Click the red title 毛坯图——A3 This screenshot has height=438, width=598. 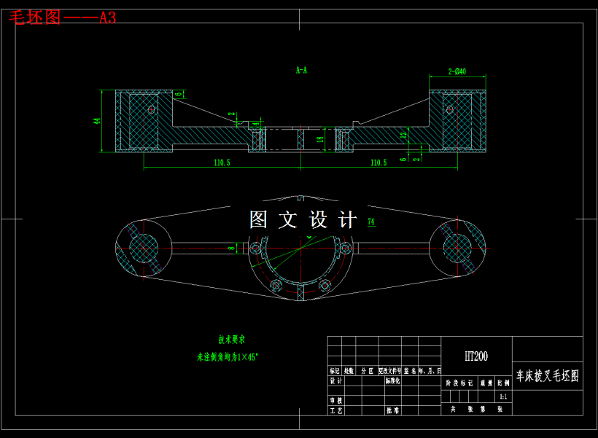pos(62,17)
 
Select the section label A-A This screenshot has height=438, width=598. pos(301,71)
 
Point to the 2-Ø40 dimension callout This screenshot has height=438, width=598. pos(457,71)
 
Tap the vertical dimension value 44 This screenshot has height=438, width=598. pos(96,121)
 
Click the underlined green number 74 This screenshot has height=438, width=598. pos(371,222)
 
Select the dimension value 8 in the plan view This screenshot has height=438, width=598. pos(231,249)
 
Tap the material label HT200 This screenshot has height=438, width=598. pos(476,356)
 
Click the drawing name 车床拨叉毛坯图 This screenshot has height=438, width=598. pos(547,376)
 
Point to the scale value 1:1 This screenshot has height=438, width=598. pos(502,397)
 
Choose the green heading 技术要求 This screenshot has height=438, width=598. pos(232,340)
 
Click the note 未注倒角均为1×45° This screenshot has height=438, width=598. pos(228,357)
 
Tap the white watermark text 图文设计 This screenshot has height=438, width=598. pos(303,219)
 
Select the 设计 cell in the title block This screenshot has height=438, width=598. pos(335,380)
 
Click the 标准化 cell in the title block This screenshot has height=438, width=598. pos(392,380)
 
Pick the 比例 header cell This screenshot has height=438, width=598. pos(502,382)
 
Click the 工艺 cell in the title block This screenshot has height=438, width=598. pos(335,410)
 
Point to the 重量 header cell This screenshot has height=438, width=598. pos(486,382)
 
